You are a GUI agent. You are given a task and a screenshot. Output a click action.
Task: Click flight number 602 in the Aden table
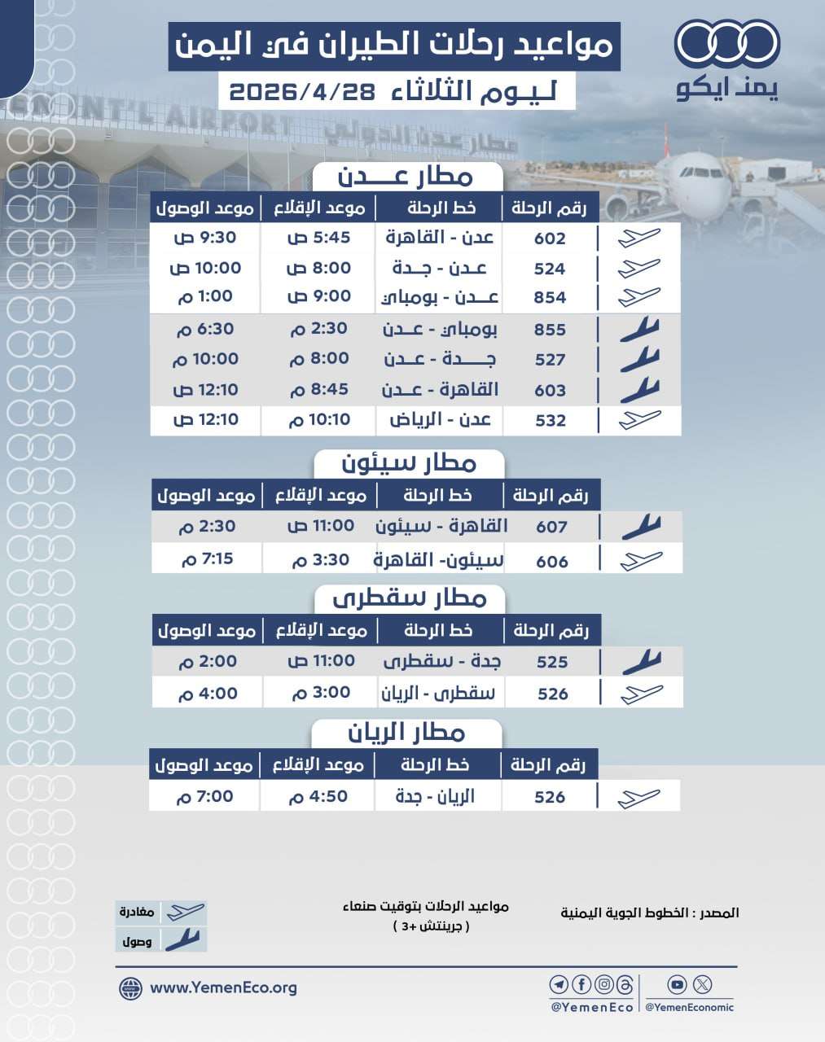(550, 239)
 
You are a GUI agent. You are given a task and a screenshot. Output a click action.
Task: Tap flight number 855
(550, 330)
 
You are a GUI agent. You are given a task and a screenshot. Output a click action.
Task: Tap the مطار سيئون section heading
(409, 464)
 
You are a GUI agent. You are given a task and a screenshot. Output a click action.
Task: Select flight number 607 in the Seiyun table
(551, 527)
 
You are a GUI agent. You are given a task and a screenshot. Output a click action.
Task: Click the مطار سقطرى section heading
(410, 599)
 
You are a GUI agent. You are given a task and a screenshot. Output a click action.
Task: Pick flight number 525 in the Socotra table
(552, 662)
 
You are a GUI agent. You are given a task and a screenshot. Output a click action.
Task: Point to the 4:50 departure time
(318, 797)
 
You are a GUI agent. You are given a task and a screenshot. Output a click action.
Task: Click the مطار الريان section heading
(406, 733)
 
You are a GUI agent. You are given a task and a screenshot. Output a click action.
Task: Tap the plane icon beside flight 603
(639, 390)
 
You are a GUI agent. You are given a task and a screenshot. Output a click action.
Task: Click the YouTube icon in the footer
(677, 985)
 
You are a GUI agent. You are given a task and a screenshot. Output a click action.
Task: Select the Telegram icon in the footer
(559, 985)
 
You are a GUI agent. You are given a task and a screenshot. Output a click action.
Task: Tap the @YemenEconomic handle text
(689, 1008)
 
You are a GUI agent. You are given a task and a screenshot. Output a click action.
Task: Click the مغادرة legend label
(137, 913)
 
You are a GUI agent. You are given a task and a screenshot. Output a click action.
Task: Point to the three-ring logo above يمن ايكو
(727, 44)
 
